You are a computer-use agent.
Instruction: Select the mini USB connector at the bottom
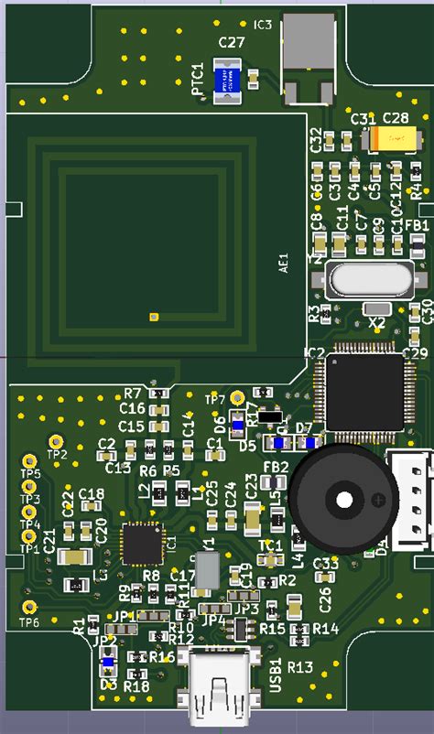pos(220,682)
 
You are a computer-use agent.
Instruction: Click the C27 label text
pos(232,42)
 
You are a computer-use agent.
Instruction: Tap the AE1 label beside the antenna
pos(283,263)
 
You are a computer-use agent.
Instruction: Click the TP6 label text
pos(30,622)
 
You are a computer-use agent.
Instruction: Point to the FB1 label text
pos(418,225)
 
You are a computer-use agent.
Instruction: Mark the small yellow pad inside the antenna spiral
pos(153,317)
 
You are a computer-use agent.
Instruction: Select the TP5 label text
pos(30,473)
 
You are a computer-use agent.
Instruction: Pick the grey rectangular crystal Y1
pos(208,570)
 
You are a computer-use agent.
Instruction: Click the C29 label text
pos(415,352)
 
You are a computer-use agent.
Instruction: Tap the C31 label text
pos(363,119)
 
